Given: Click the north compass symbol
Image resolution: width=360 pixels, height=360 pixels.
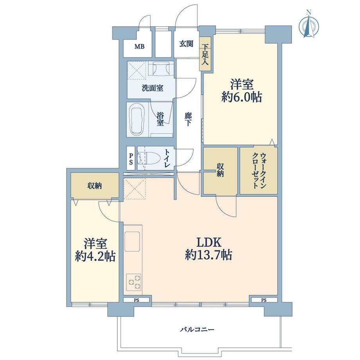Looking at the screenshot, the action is [x=309, y=24].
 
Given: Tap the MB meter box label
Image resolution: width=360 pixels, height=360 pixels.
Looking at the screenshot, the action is [x=139, y=47].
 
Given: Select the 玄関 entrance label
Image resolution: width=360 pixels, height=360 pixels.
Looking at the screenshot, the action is [x=186, y=44].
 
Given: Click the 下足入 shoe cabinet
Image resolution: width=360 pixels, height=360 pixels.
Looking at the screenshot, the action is [x=205, y=54].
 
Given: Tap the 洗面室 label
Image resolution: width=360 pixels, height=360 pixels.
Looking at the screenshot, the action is [x=153, y=88].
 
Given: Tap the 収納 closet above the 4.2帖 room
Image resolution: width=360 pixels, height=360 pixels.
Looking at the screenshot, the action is [x=95, y=185].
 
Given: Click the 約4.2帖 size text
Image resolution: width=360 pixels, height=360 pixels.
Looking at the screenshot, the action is [x=95, y=256].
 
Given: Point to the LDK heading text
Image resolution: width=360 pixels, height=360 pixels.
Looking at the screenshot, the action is [x=209, y=243].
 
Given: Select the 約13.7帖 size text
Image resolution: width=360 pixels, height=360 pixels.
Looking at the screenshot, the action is [x=209, y=255].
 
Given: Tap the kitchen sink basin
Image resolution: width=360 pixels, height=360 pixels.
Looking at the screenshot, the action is [x=132, y=241].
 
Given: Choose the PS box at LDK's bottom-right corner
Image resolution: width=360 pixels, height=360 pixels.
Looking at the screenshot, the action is [x=264, y=300].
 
